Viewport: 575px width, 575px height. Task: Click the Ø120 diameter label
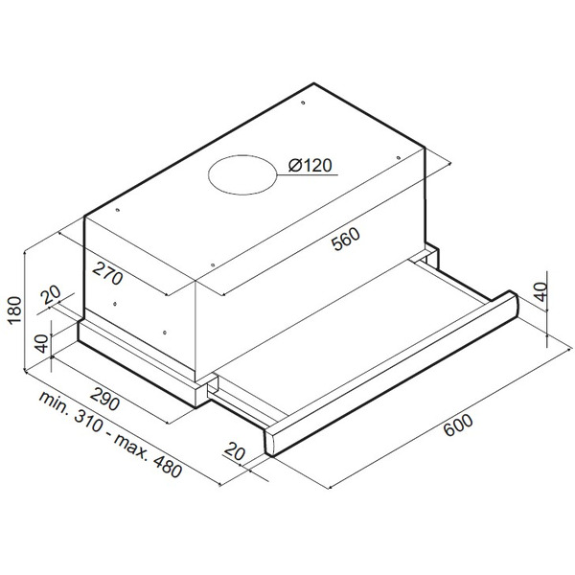pos(310,166)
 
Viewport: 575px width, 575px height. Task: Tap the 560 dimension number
pos(345,239)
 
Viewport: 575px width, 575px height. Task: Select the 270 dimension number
pos(107,273)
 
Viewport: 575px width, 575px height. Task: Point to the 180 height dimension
pos(15,310)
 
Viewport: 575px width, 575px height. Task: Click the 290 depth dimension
pos(104,400)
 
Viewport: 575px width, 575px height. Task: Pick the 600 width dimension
pos(458,425)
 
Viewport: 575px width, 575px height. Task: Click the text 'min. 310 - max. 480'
pos(110,435)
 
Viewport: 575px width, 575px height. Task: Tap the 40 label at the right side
pos(540,291)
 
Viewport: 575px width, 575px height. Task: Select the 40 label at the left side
pos(43,344)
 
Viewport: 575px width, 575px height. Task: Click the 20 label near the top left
pos(51,294)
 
